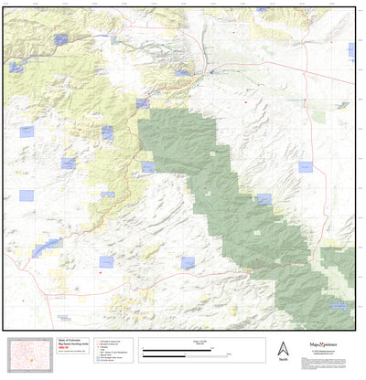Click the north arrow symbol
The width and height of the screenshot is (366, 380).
pyautogui.click(x=282, y=348)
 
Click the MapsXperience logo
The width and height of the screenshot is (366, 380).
pyautogui.click(x=314, y=347)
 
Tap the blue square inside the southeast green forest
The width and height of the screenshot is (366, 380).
pyautogui.click(x=338, y=307)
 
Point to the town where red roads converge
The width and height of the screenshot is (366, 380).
pyautogui.click(x=211, y=69)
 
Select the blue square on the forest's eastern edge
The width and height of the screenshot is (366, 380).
pyautogui.click(x=264, y=198)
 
